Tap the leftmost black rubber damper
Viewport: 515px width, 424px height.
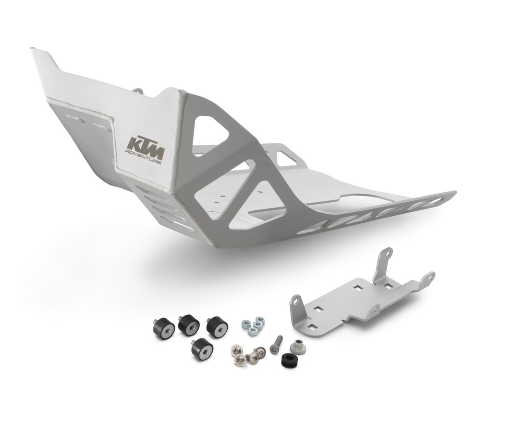163,328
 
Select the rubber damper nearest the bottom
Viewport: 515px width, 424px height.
202,348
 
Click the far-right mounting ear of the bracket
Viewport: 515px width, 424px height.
428,278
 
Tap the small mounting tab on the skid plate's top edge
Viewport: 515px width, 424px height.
137,92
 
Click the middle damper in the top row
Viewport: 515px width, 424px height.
189,325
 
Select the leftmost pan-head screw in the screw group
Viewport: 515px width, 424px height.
236,349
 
